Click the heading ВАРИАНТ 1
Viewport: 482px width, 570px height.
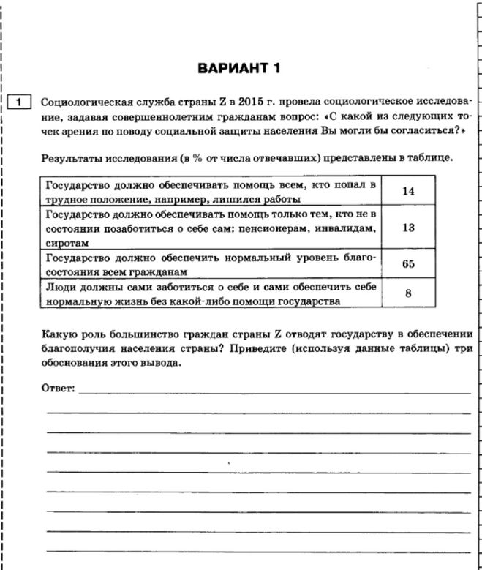coord(239,70)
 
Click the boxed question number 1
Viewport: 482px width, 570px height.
coord(18,102)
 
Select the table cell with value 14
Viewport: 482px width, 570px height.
coord(408,191)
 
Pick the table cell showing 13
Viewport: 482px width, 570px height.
coord(408,228)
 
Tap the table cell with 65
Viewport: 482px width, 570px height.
coord(408,264)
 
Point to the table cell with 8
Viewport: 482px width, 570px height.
coord(408,293)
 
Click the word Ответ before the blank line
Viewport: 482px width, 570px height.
coord(57,386)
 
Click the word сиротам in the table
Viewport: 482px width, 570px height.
coord(66,241)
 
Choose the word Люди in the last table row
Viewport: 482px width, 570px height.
coord(59,288)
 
